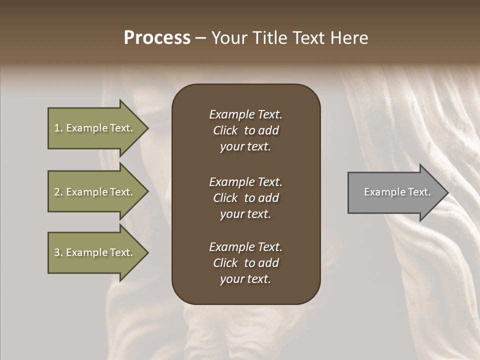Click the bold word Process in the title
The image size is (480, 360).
(x=157, y=38)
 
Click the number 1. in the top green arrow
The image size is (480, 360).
(x=58, y=128)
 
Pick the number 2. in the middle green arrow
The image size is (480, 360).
(x=58, y=192)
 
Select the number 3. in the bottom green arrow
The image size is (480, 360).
(x=58, y=252)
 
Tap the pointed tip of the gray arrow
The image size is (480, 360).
(x=447, y=192)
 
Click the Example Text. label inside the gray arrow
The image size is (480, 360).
(x=397, y=192)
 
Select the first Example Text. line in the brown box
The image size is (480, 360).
(x=245, y=114)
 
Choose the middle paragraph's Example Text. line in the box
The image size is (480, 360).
(x=245, y=182)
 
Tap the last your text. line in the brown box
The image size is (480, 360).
(x=245, y=279)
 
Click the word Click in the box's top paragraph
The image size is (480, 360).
(x=225, y=130)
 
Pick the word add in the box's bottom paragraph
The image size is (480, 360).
(x=268, y=263)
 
